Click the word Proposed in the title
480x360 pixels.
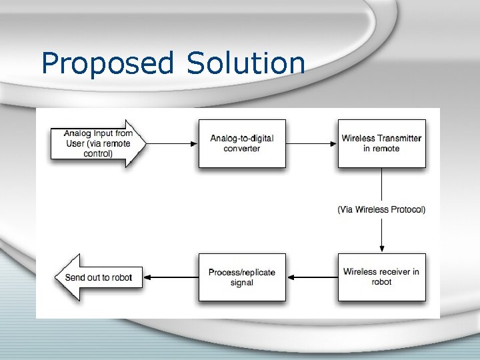point(107,63)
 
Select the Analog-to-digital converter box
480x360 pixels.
point(242,143)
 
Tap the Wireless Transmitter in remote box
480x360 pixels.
point(381,143)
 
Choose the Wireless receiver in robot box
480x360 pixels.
point(381,277)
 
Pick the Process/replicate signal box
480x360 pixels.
point(242,277)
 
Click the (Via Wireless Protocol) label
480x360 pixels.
point(381,209)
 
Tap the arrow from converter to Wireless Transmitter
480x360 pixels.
point(311,143)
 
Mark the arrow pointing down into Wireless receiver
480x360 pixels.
point(381,233)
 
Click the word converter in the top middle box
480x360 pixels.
point(242,149)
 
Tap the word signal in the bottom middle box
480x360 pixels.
point(241,283)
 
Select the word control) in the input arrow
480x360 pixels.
point(98,153)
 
